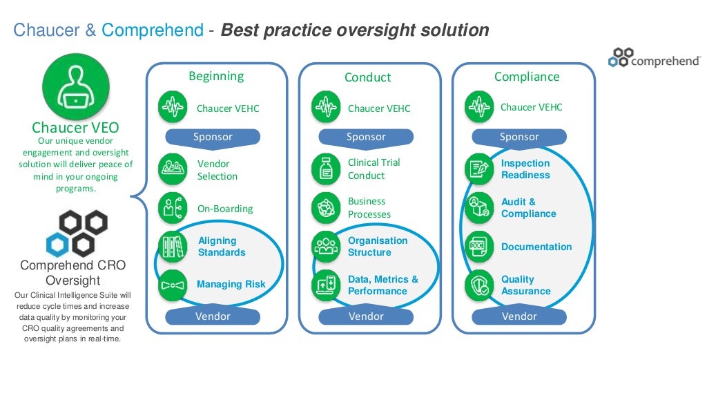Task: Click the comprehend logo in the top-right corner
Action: tap(655, 58)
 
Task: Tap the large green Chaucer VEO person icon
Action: tap(75, 88)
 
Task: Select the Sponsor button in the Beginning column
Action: tap(212, 137)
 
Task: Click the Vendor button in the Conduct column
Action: tap(366, 316)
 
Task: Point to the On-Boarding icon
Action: tap(172, 208)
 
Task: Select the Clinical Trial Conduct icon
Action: tap(325, 169)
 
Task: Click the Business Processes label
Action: tap(369, 208)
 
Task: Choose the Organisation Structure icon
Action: tap(325, 247)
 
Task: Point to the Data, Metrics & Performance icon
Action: tap(325, 285)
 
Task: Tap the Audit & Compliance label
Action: tap(528, 208)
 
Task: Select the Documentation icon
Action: tap(478, 247)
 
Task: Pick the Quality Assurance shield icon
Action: tap(478, 285)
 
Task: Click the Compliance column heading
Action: tap(527, 77)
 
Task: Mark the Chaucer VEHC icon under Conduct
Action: tap(325, 107)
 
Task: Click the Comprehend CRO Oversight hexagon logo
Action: tap(75, 234)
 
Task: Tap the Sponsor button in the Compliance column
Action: tap(519, 137)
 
